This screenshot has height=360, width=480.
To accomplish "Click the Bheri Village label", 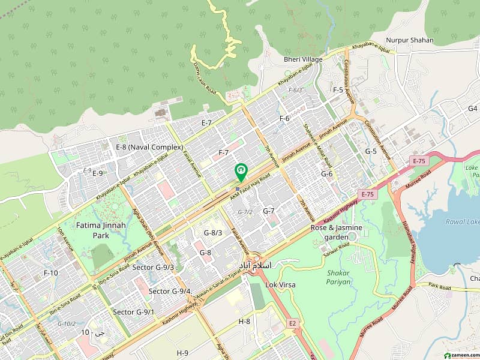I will (x=303, y=59).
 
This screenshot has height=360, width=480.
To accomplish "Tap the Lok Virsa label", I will (x=280, y=284).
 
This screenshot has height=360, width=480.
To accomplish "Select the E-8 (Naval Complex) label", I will (x=149, y=147).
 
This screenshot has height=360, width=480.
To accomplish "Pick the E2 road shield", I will (x=292, y=323).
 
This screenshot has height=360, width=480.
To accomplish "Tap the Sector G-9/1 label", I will (x=134, y=312).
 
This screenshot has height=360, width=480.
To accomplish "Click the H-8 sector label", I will (x=244, y=322).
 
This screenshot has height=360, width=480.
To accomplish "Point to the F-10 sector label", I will (x=51, y=273).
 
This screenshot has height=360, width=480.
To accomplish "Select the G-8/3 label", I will (x=213, y=233).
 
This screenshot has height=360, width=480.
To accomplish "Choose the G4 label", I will (x=473, y=109).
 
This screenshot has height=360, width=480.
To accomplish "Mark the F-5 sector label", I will (x=338, y=90).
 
